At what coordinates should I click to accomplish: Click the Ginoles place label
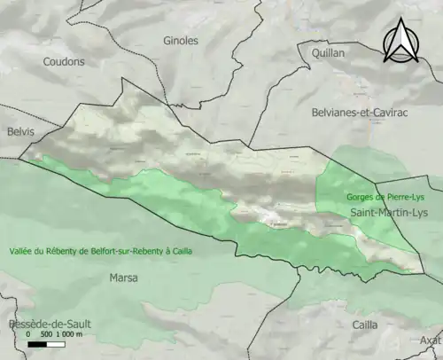click(x=181, y=41)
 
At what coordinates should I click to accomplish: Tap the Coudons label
click(x=65, y=62)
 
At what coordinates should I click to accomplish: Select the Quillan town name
click(x=328, y=53)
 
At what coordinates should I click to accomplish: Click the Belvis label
click(x=19, y=132)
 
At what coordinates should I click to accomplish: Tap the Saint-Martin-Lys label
click(x=389, y=214)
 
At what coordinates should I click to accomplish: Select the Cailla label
click(x=364, y=325)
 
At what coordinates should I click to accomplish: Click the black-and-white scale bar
click(x=49, y=344)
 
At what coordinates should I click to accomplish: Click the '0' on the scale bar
click(x=28, y=334)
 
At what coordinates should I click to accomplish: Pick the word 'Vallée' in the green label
click(x=23, y=251)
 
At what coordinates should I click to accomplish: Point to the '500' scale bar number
click(x=47, y=334)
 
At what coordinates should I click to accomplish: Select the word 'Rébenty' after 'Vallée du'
click(x=65, y=251)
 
